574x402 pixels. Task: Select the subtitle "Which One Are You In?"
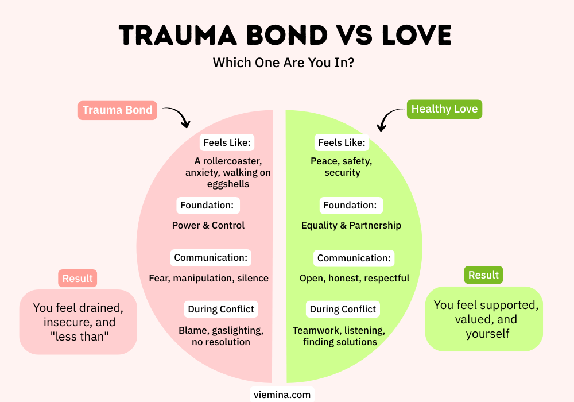(x=283, y=63)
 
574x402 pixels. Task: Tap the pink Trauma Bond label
(x=118, y=110)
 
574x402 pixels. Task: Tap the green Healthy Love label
(x=444, y=109)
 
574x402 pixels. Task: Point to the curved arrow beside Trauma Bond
(x=177, y=117)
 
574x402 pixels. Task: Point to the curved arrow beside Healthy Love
(x=390, y=119)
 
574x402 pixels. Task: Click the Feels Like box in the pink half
(x=227, y=142)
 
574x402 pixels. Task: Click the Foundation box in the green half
(x=350, y=205)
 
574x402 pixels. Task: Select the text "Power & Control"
(x=208, y=225)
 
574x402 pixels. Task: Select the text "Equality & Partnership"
(x=351, y=225)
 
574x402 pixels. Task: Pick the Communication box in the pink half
(x=211, y=258)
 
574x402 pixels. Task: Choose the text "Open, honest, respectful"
(x=354, y=278)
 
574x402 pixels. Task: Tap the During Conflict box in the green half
(x=343, y=309)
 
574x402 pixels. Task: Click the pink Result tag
(x=77, y=279)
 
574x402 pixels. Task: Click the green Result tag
(x=483, y=275)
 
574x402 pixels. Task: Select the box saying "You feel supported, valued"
(x=483, y=319)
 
